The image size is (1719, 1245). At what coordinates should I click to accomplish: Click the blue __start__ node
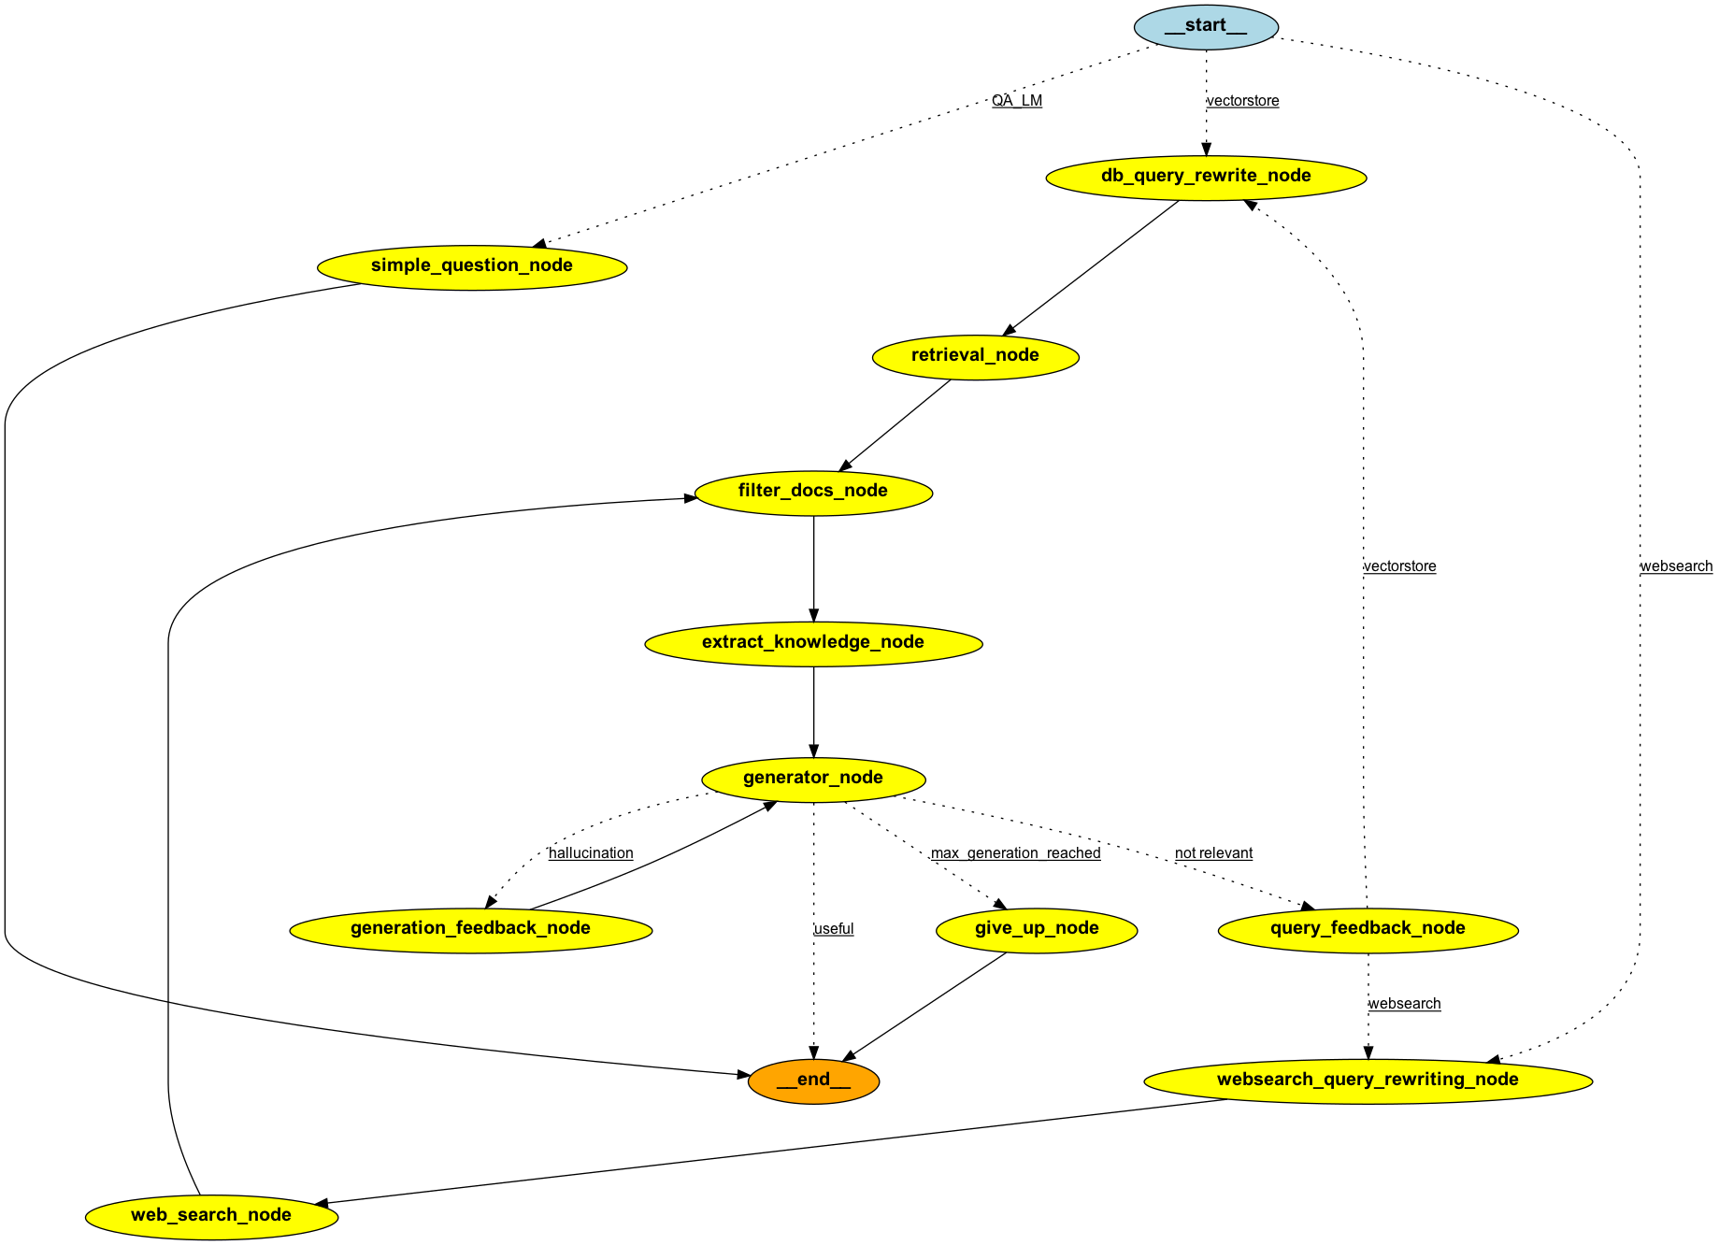pyautogui.click(x=1205, y=26)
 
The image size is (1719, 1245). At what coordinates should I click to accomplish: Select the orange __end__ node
pyautogui.click(x=813, y=1080)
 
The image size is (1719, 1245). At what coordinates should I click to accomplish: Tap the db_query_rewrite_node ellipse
pyautogui.click(x=1206, y=177)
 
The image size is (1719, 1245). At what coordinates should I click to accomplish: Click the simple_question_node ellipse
pyautogui.click(x=472, y=266)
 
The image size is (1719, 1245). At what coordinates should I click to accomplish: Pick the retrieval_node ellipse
pyautogui.click(x=975, y=356)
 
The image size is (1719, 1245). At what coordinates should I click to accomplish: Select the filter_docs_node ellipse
pyautogui.click(x=813, y=492)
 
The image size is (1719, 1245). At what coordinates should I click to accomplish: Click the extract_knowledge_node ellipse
pyautogui.click(x=813, y=643)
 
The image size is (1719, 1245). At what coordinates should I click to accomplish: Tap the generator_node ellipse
pyautogui.click(x=813, y=779)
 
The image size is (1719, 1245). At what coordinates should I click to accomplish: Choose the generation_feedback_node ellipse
pyautogui.click(x=471, y=929)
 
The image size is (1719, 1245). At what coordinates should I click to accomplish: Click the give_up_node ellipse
pyautogui.click(x=1037, y=929)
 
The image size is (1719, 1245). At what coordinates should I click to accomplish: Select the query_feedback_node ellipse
pyautogui.click(x=1368, y=929)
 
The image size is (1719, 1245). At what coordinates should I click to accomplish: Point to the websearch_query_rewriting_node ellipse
pyautogui.click(x=1368, y=1080)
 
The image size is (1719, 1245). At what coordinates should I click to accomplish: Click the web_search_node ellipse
pyautogui.click(x=211, y=1216)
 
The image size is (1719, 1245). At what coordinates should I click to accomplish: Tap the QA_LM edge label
pyautogui.click(x=1017, y=101)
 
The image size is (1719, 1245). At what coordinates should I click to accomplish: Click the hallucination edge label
pyautogui.click(x=591, y=853)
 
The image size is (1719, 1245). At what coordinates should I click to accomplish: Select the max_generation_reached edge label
pyautogui.click(x=1016, y=853)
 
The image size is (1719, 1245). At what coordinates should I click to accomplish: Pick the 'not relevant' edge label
pyautogui.click(x=1213, y=853)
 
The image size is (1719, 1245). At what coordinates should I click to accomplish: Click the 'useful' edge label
pyautogui.click(x=834, y=929)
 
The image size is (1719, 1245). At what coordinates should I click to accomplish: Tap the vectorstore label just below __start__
pyautogui.click(x=1243, y=101)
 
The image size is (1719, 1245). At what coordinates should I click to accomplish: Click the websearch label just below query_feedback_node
pyautogui.click(x=1404, y=1004)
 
